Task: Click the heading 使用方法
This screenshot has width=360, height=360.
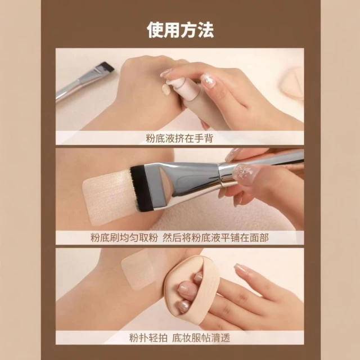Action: pos(180,30)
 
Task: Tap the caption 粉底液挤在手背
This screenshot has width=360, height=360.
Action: pos(179,138)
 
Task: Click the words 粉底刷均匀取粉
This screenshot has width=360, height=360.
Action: pos(124,237)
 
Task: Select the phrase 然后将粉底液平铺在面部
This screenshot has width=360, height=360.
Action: pos(215,237)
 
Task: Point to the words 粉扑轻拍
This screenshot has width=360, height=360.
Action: pos(148,337)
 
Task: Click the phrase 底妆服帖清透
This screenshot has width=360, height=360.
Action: pos(201,337)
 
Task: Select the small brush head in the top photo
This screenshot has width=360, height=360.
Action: pos(105,66)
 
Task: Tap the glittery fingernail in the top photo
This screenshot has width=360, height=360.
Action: pos(209,82)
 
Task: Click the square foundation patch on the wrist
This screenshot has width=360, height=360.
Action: pos(138,269)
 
